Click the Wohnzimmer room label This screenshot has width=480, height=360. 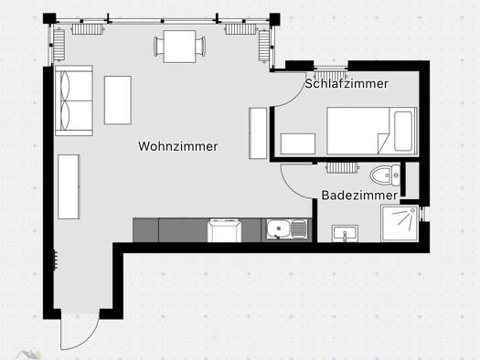[x=178, y=146]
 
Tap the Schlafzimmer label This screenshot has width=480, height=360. [x=347, y=83]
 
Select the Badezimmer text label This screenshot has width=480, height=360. [x=359, y=196]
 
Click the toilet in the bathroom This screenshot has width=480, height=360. [x=385, y=175]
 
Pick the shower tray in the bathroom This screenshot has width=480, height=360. [x=400, y=223]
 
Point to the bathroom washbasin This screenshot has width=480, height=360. [x=345, y=233]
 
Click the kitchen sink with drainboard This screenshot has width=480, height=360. [x=286, y=228]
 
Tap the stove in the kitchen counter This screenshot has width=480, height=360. [x=224, y=230]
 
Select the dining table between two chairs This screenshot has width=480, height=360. [x=179, y=47]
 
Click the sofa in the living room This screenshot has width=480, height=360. [x=74, y=101]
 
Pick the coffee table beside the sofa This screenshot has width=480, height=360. [x=118, y=100]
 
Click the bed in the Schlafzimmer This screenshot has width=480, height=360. [x=372, y=131]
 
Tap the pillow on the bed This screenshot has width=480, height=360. [x=403, y=131]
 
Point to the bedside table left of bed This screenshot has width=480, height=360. [x=298, y=143]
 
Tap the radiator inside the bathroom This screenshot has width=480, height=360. [x=342, y=167]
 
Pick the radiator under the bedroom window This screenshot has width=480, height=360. [x=330, y=76]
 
